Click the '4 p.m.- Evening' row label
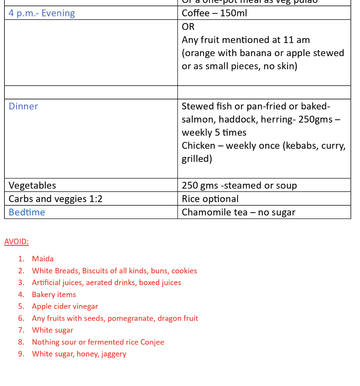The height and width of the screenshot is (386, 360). (42, 13)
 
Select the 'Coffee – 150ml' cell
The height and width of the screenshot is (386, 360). (214, 13)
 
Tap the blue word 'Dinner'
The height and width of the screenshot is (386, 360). (23, 106)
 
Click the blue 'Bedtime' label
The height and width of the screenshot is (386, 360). (27, 212)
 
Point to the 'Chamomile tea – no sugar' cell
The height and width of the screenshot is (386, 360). (238, 212)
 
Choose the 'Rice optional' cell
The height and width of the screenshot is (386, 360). (210, 199)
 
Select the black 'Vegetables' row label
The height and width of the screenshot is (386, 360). (32, 185)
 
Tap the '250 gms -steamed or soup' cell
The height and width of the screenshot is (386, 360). (239, 185)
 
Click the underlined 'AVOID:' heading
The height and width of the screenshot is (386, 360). (16, 242)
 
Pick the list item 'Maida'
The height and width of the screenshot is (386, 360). (43, 259)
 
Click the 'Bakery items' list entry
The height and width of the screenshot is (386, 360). (54, 295)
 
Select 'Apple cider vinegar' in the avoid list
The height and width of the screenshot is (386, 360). (65, 306)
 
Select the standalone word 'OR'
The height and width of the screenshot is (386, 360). (188, 27)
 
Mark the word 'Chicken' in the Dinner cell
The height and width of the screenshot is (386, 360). (198, 146)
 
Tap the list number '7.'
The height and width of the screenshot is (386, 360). (21, 330)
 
